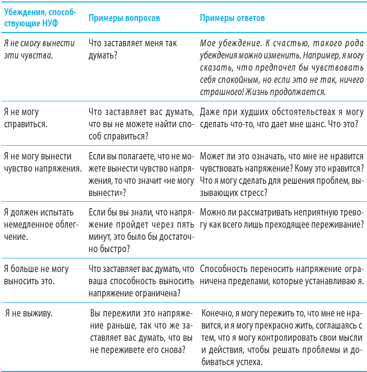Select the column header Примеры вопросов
click(x=124, y=18)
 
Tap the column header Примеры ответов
click(x=232, y=18)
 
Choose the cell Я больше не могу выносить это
click(x=36, y=274)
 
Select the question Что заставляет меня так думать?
click(x=133, y=49)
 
